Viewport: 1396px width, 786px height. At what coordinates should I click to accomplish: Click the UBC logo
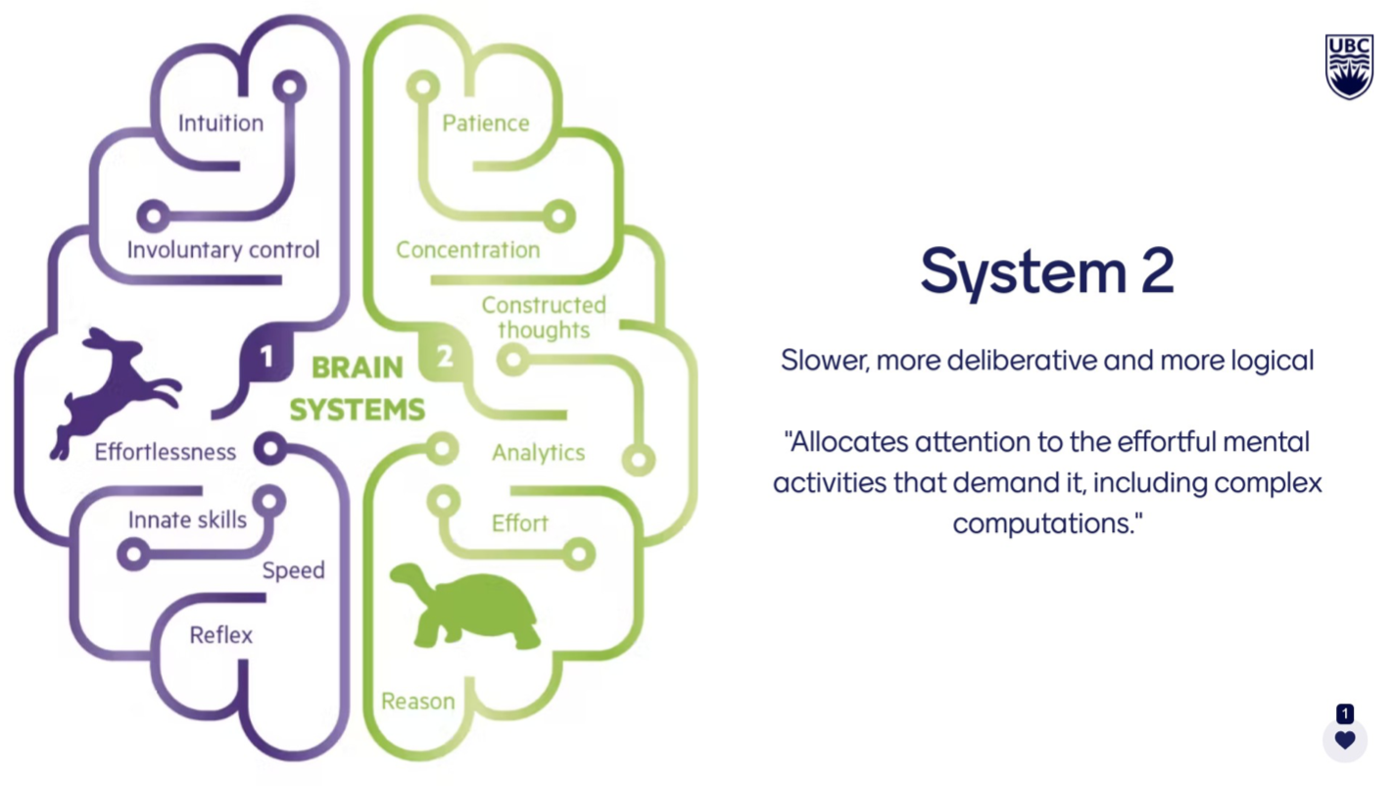click(1349, 67)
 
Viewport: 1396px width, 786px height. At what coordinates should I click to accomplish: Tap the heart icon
click(1345, 740)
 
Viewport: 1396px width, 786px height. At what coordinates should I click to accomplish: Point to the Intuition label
click(220, 123)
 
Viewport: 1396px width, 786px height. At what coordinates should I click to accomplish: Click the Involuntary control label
click(223, 250)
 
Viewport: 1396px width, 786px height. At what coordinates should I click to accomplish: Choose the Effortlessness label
click(165, 453)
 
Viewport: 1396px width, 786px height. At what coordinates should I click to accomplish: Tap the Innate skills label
click(187, 519)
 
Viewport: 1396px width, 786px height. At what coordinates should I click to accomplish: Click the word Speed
click(293, 570)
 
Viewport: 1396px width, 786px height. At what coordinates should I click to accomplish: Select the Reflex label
click(221, 635)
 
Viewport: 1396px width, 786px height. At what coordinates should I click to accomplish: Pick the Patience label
click(485, 123)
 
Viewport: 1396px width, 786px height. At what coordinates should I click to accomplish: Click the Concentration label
click(467, 250)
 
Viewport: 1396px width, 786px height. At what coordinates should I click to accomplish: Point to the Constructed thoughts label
click(544, 318)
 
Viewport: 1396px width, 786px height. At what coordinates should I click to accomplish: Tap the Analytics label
click(538, 453)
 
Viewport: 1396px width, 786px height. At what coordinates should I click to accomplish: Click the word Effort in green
click(519, 523)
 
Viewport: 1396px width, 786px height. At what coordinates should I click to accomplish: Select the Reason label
click(417, 702)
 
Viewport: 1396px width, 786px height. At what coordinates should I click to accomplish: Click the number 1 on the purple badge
click(266, 358)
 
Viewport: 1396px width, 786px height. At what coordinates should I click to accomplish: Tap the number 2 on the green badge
click(445, 358)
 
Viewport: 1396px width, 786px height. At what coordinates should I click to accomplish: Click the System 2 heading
click(1046, 271)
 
